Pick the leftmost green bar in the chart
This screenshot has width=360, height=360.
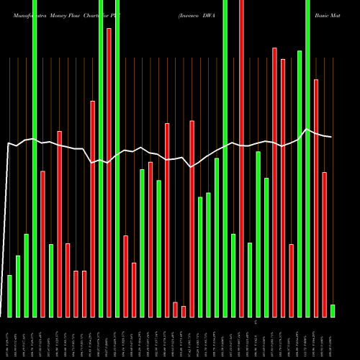[9, 296]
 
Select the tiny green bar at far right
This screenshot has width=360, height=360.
[333, 311]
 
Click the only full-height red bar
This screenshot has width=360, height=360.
[241, 158]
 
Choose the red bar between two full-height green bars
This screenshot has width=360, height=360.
[109, 173]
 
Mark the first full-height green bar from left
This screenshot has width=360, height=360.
[35, 158]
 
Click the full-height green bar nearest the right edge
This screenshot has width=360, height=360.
[307, 158]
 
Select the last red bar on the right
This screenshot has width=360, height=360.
[324, 245]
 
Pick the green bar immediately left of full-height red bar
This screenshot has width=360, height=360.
[233, 275]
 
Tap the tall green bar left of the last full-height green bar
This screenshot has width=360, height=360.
[300, 184]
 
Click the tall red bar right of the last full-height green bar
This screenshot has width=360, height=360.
[316, 198]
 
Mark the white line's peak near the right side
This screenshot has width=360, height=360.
[307, 129]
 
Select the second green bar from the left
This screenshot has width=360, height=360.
[18, 286]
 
